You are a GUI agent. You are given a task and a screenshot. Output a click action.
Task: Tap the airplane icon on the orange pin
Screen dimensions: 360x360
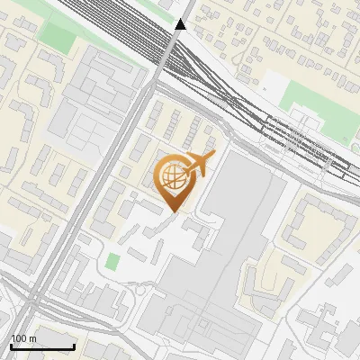(200, 164)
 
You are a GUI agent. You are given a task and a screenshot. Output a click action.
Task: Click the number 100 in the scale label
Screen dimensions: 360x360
(20, 338)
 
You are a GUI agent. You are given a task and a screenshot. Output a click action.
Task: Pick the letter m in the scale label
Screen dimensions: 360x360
(32, 338)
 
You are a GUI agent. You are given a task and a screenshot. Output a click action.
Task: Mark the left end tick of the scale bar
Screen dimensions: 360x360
(11, 346)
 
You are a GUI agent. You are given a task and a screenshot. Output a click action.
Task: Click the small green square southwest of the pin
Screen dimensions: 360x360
(112, 263)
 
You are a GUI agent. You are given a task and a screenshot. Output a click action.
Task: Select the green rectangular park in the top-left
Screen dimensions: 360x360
(58, 36)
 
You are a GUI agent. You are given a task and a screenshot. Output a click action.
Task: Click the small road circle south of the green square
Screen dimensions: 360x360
(140, 292)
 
